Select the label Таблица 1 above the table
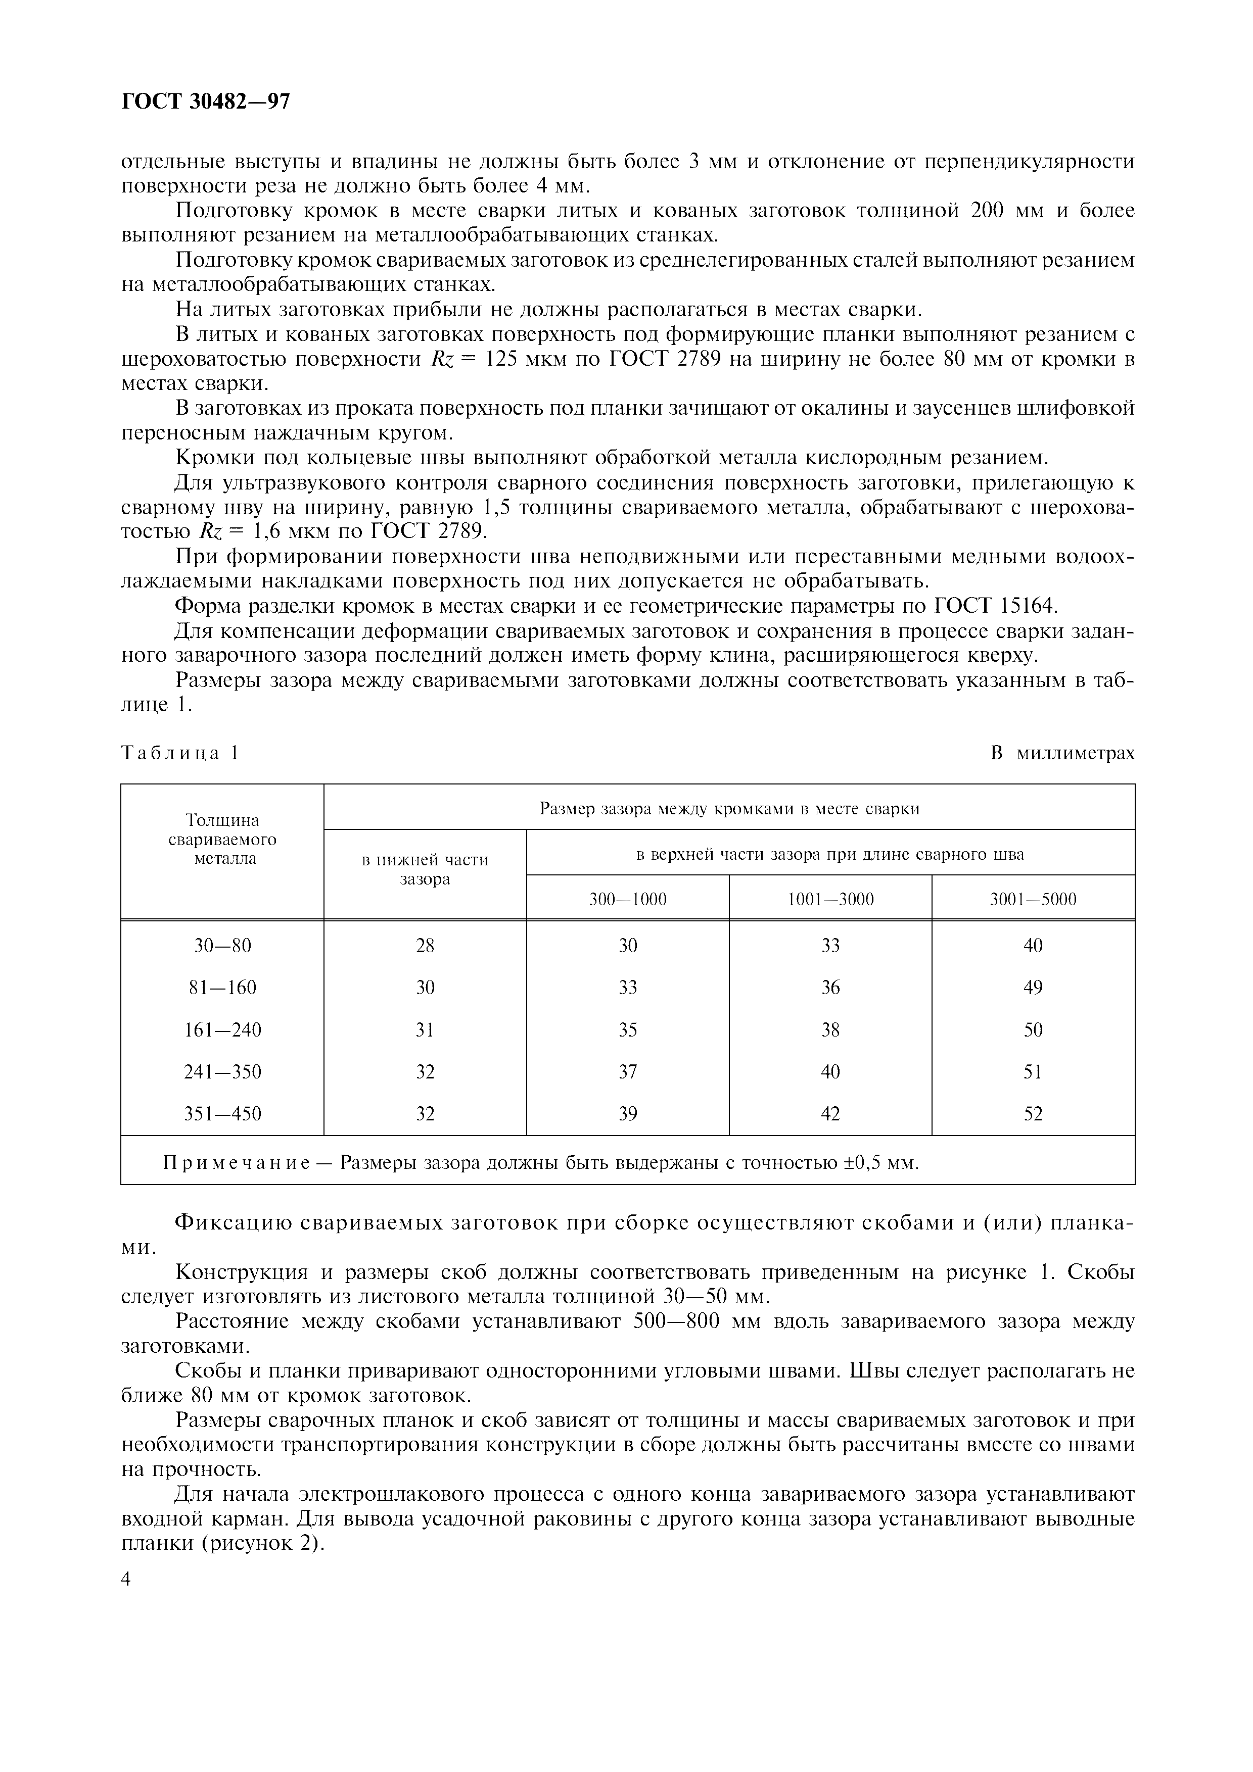click(180, 753)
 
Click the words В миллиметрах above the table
click(1062, 753)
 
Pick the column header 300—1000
click(628, 899)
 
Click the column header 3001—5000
click(1033, 899)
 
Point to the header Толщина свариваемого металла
click(222, 839)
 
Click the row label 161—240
click(222, 1029)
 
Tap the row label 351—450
click(222, 1114)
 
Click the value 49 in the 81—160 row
click(1033, 988)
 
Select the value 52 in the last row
click(1033, 1114)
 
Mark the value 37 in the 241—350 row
click(628, 1072)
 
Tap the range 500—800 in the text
click(675, 1321)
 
